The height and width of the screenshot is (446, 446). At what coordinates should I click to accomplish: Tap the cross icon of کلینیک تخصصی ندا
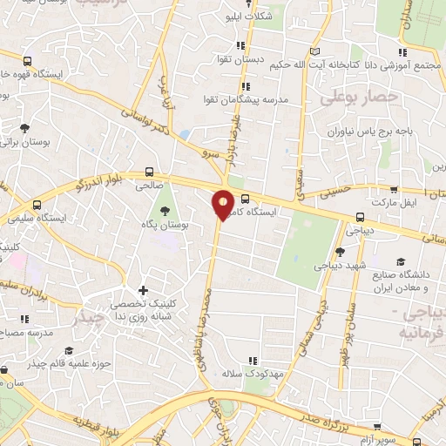pyautogui.click(x=143, y=290)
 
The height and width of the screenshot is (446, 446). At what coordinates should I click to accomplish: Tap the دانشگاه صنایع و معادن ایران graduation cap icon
pyautogui.click(x=401, y=261)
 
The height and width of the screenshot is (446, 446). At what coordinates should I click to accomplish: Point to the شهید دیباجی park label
pyautogui.click(x=341, y=263)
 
